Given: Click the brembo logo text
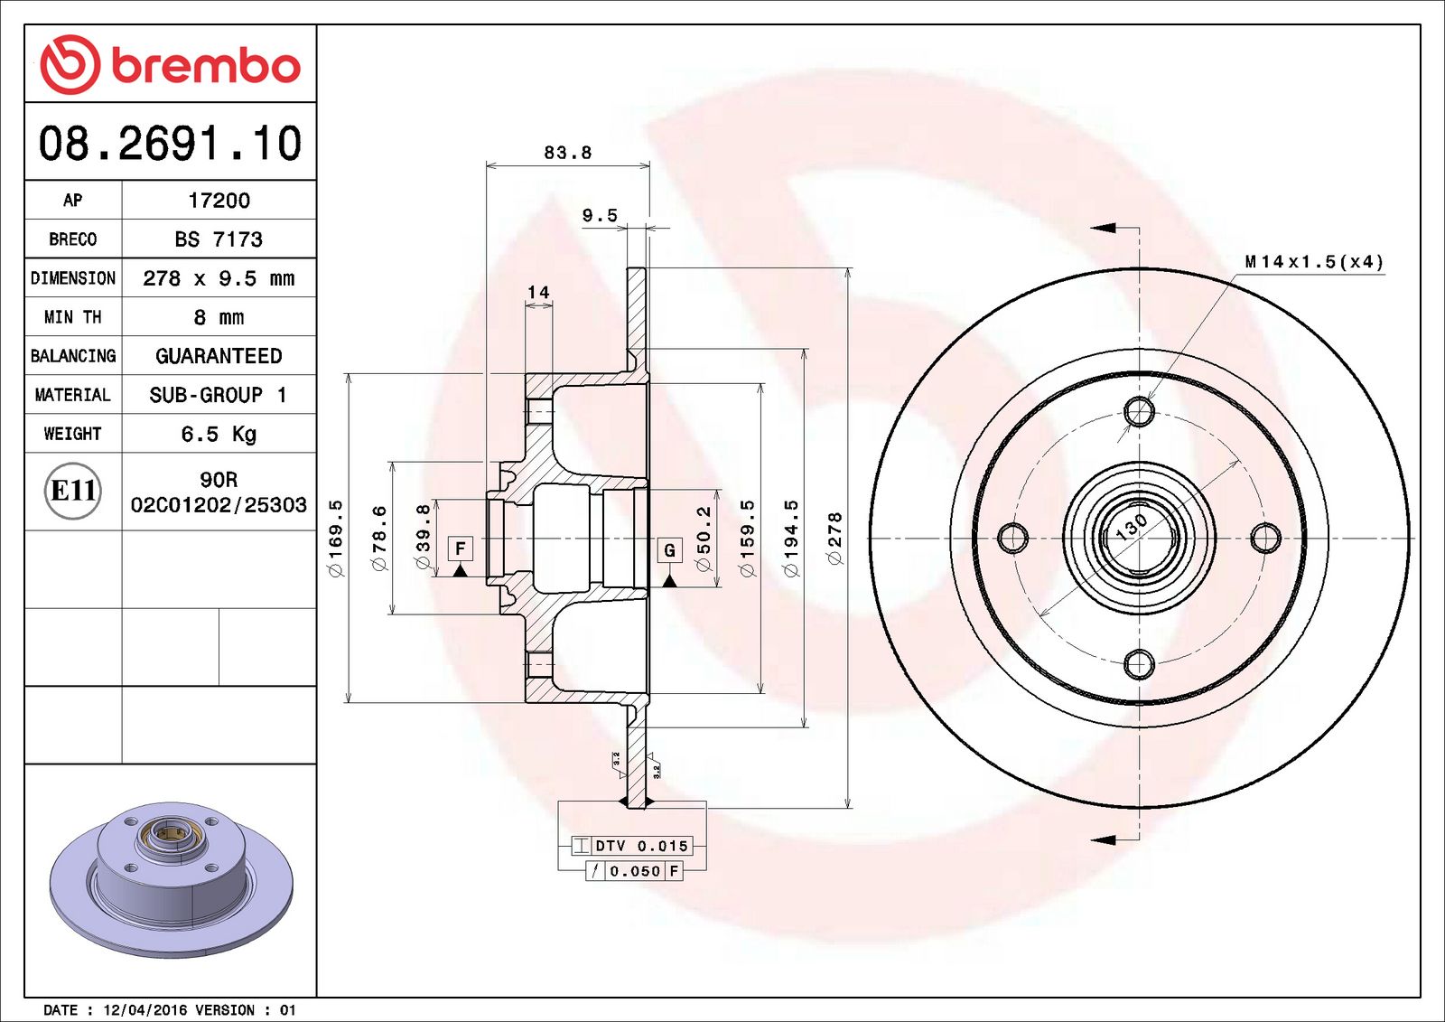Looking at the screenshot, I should click(205, 65).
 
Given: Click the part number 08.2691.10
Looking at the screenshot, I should click(170, 144).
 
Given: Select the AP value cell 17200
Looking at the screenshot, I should click(219, 201).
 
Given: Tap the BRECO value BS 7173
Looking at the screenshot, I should click(219, 239).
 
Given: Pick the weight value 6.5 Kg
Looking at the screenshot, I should click(219, 434).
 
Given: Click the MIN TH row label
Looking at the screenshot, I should click(72, 317).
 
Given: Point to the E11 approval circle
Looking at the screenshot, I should click(73, 491).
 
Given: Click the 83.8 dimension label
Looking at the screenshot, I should click(567, 153).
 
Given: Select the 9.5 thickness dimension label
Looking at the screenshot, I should click(600, 215).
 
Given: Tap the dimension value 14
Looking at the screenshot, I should click(538, 292).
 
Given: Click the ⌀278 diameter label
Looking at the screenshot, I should click(835, 539).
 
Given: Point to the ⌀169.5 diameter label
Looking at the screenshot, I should click(336, 539).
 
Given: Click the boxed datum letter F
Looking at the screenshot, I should click(461, 549).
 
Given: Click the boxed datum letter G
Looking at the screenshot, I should click(669, 549).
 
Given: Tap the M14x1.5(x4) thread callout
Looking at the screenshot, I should click(1313, 262).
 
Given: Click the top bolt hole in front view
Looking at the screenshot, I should click(1139, 411).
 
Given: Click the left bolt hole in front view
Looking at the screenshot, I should click(1012, 538).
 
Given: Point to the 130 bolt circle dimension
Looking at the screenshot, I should click(1131, 526).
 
